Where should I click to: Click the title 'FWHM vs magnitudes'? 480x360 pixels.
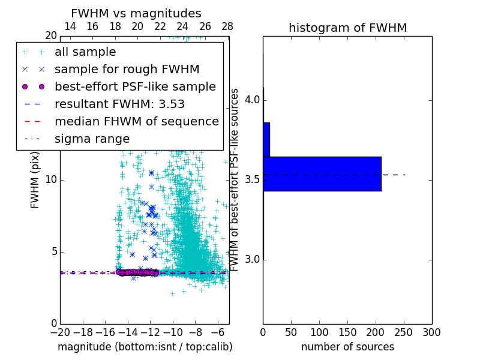(136, 14)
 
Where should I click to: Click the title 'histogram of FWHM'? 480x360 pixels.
(347, 28)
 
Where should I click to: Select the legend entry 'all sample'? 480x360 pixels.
(85, 52)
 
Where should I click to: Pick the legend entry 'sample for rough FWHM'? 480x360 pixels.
(127, 70)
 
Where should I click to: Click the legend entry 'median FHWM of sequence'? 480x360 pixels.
(136, 121)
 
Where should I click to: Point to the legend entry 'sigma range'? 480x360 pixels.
(92, 139)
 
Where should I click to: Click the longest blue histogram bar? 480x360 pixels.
(322, 174)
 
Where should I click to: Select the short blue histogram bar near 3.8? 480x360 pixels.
(266, 140)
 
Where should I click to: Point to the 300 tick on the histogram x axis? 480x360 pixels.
(431, 332)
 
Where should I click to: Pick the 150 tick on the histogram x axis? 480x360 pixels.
(347, 332)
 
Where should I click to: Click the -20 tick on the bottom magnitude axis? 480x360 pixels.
(60, 332)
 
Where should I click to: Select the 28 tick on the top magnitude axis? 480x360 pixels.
(227, 26)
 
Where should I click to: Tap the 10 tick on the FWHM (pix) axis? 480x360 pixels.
(51, 180)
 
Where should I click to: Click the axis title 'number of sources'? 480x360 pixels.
(347, 347)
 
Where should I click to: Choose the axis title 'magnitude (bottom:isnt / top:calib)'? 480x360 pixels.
(145, 347)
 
